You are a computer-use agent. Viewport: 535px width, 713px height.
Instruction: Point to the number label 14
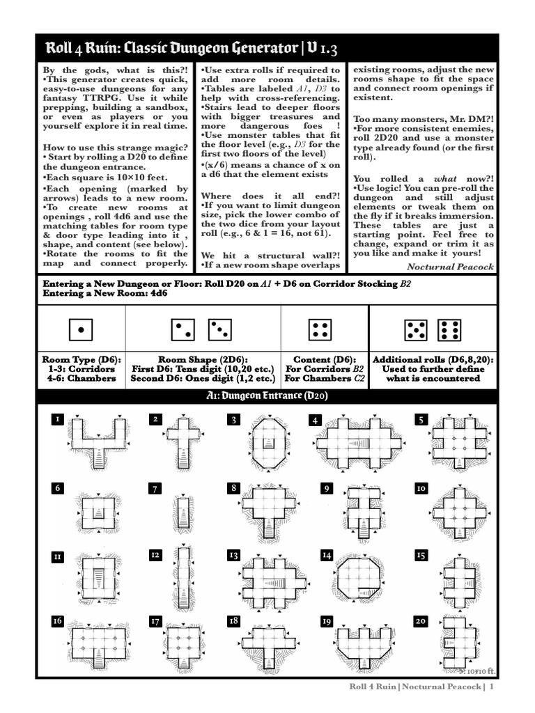pyautogui.click(x=327, y=555)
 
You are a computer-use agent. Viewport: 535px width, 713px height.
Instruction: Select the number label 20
pyautogui.click(x=421, y=621)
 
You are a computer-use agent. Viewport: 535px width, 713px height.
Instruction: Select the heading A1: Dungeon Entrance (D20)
pyautogui.click(x=267, y=396)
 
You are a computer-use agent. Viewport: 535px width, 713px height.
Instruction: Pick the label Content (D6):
pyautogui.click(x=324, y=359)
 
